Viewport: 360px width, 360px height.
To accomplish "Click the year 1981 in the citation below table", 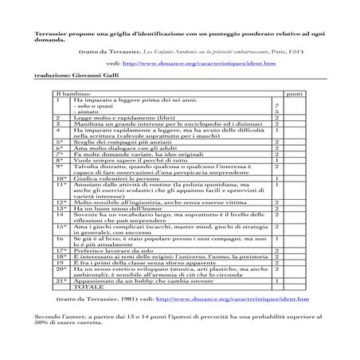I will point(139,299).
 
